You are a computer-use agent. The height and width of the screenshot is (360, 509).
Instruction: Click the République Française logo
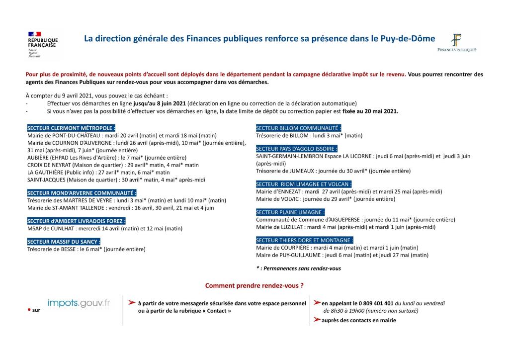[42, 45]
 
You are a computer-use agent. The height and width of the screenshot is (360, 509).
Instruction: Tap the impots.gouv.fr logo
[79, 303]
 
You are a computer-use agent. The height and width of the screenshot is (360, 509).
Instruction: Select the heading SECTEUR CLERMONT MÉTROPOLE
[72, 128]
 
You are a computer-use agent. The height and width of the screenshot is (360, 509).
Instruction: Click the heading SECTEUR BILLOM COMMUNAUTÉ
[298, 128]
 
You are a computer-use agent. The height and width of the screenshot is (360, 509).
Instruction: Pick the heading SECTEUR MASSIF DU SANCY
[64, 242]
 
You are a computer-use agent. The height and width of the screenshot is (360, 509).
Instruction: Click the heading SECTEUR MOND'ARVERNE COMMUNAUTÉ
[82, 193]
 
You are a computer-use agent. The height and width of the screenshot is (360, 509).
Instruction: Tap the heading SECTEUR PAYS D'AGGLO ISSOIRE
[297, 148]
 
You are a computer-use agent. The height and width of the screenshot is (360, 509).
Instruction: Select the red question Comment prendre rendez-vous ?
[254, 286]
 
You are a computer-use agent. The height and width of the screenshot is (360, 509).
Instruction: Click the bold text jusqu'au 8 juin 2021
[160, 103]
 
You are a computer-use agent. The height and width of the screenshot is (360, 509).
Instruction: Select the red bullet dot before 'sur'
[29, 309]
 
